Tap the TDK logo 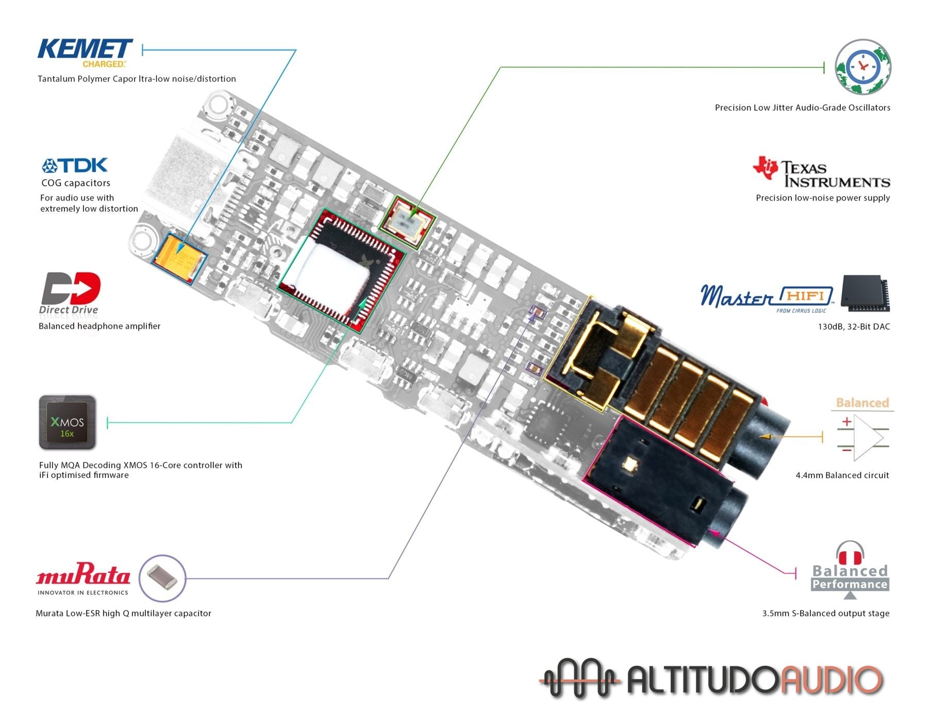pos(75,165)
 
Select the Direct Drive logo pos(70,292)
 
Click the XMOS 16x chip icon pos(68,422)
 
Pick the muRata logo pos(83,576)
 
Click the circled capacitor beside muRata pos(162,578)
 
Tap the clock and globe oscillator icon pos(863,67)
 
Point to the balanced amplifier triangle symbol pos(868,437)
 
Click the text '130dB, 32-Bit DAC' pos(853,327)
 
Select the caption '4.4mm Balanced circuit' pos(842,475)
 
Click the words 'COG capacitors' pos(76,183)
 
